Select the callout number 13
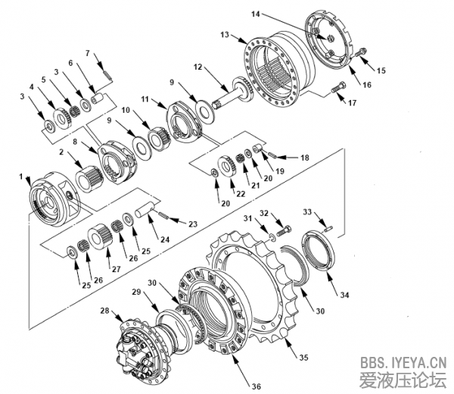coord(225,35)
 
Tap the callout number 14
coord(255,14)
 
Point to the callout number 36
coord(256,386)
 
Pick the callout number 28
coord(104,310)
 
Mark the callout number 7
coord(88,53)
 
